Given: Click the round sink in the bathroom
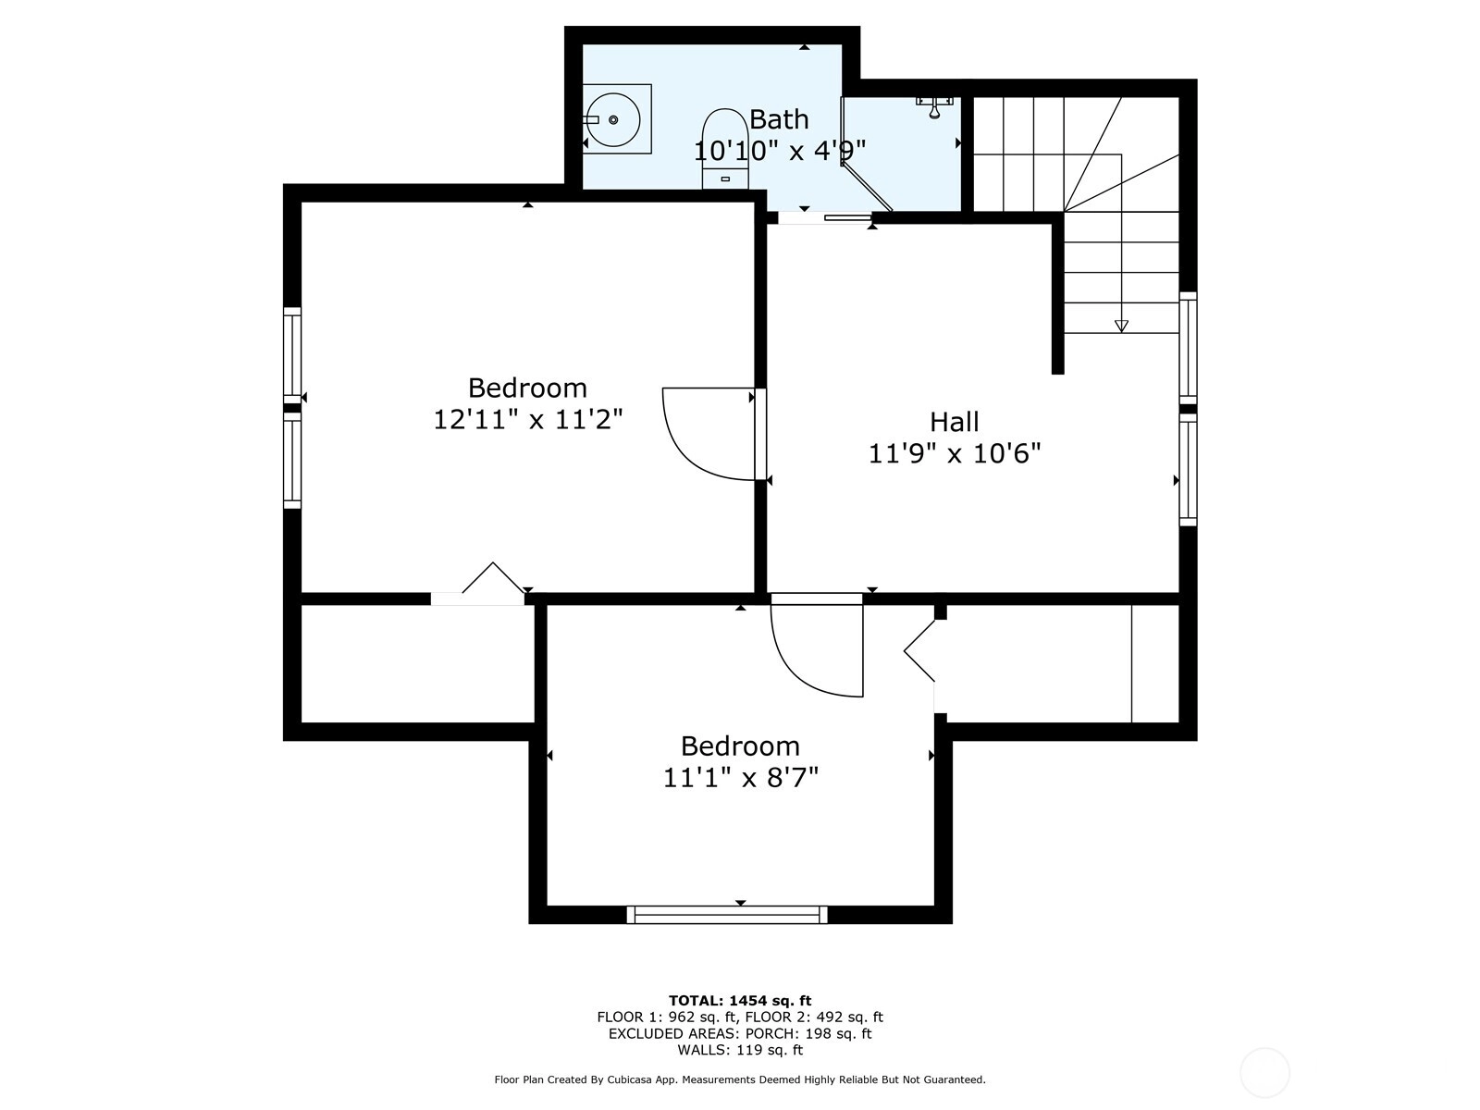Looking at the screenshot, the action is click(x=612, y=120).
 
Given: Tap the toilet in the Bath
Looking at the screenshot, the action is click(x=725, y=149).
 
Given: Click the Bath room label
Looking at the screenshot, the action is click(x=779, y=119).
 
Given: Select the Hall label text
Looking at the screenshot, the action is click(x=954, y=422).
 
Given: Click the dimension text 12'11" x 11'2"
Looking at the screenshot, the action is click(x=527, y=420).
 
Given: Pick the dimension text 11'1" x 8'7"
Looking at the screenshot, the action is click(x=740, y=779).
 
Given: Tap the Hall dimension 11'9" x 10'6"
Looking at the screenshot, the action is click(x=954, y=453).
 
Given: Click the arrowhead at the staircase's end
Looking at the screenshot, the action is click(x=1121, y=327).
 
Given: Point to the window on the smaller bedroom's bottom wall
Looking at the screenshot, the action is click(x=727, y=915).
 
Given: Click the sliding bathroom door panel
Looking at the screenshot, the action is click(x=847, y=217).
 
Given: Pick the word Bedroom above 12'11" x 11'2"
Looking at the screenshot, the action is click(x=527, y=388).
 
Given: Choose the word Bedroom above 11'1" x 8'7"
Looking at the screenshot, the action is click(x=740, y=746).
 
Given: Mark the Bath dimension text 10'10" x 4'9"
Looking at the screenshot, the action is click(x=780, y=150).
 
